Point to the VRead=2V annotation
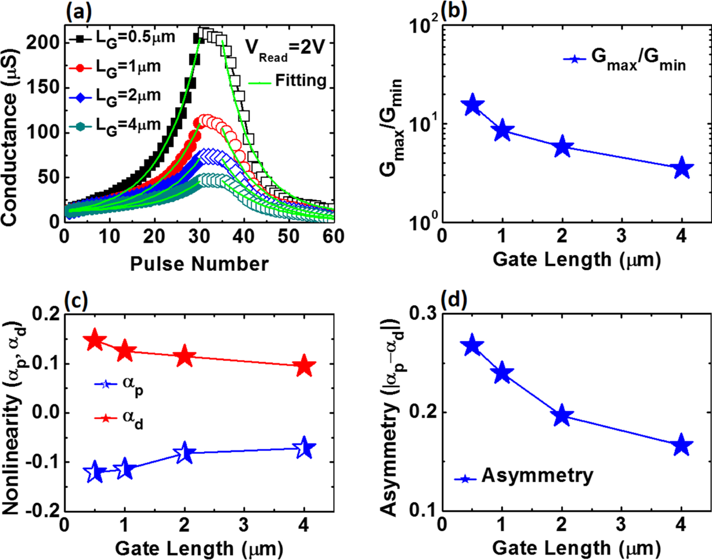pyautogui.click(x=285, y=48)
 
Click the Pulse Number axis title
pyautogui.click(x=199, y=263)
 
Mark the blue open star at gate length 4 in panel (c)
pyautogui.click(x=304, y=448)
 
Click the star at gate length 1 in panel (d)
pyautogui.click(x=502, y=373)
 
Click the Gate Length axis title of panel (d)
pyautogui.click(x=576, y=548)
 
